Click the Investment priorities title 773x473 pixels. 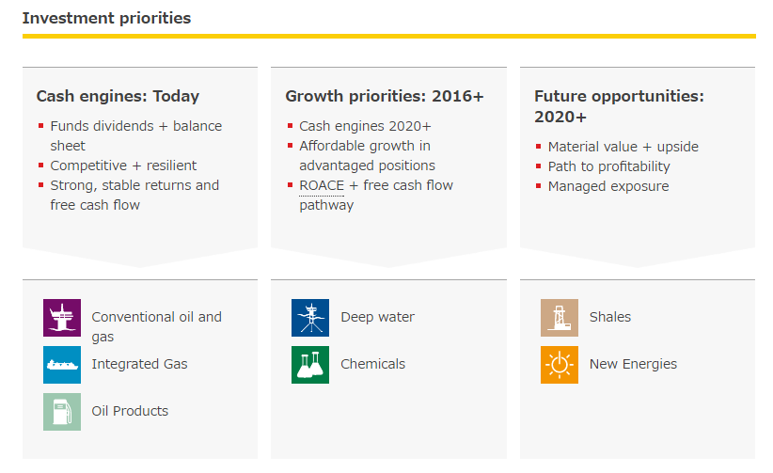coord(106,18)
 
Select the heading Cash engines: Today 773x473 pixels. coord(118,96)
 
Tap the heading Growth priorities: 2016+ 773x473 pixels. coord(385,96)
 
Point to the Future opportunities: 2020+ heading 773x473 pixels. coord(619,106)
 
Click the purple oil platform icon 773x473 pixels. coord(62,318)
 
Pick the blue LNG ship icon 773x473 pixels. coord(62,365)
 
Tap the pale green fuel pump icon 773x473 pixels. coord(62,412)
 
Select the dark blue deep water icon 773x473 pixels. coord(310,318)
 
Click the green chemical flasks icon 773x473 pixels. coord(310,365)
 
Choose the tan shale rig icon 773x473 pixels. coord(560,318)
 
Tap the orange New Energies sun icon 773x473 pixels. coord(560,365)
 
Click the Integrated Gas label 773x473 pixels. coord(139,365)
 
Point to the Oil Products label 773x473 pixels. coord(130,411)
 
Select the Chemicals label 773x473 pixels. coord(372,364)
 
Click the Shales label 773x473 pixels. coord(610,317)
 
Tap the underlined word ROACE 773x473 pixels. coord(322,185)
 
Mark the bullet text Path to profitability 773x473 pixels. coord(608,166)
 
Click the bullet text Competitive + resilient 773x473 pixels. coord(123,166)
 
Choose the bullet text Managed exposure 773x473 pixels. coord(608,186)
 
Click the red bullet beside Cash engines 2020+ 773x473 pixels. coord(290,126)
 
